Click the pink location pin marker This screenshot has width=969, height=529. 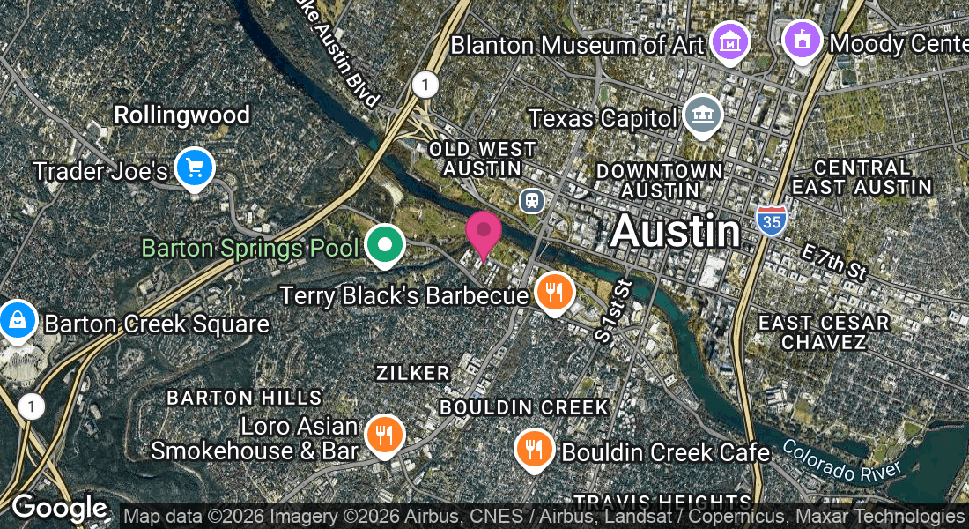tap(484, 233)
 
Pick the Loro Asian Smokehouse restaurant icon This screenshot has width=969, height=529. tap(384, 435)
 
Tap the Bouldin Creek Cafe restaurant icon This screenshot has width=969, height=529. tap(534, 449)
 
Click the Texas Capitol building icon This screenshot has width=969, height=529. tap(703, 115)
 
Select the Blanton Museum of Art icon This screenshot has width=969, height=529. tap(730, 41)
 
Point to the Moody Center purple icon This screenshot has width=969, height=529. tap(803, 40)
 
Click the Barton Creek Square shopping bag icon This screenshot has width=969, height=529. tap(18, 320)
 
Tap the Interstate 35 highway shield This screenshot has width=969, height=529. tap(770, 220)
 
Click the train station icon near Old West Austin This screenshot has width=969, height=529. tap(531, 201)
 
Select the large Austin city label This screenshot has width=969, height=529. tap(675, 231)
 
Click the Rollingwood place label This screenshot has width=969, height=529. tap(182, 115)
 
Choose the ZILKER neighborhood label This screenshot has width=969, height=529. tap(412, 373)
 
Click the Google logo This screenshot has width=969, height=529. tap(59, 509)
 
